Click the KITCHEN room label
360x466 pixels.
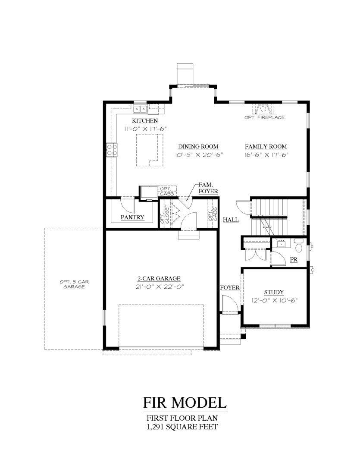point(145,121)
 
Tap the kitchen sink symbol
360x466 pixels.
point(140,109)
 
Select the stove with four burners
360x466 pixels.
point(112,150)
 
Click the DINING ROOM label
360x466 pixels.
point(198,146)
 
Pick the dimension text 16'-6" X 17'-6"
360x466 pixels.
point(266,154)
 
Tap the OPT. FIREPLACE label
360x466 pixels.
point(264,117)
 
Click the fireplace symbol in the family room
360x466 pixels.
point(263,108)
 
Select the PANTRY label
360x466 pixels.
point(132,217)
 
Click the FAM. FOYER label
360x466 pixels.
point(208,188)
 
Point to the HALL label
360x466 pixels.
point(231,220)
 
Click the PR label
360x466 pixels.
point(294,260)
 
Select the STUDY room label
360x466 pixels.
point(274,292)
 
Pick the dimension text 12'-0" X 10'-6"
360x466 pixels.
point(274,300)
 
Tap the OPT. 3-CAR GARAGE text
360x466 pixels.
point(72,284)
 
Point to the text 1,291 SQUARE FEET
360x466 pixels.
point(182,427)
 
